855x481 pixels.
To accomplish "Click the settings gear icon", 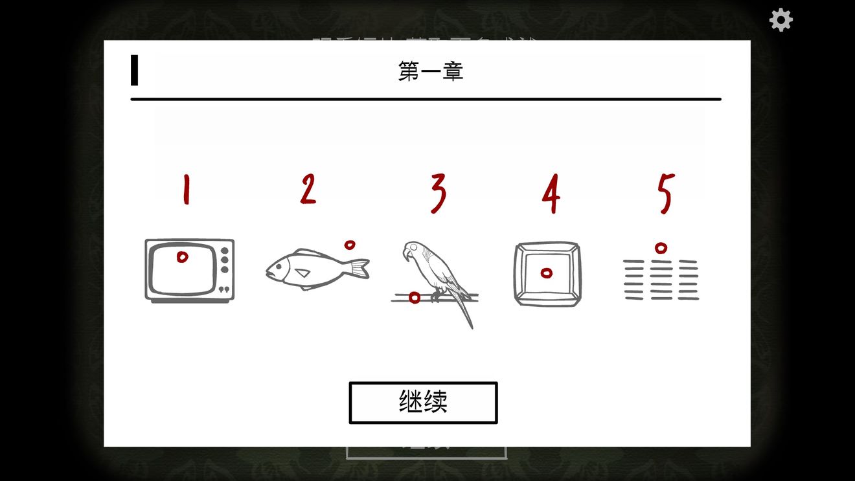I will [x=781, y=20].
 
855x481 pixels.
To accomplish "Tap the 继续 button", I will [x=423, y=403].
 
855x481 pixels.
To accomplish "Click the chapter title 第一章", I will [x=431, y=71].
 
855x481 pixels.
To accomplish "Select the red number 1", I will [x=187, y=190].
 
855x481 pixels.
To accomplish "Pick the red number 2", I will [x=308, y=190].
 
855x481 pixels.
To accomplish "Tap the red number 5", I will [x=666, y=193].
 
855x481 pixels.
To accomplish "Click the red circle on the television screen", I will [x=183, y=257].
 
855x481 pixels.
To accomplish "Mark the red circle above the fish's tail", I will [x=350, y=245].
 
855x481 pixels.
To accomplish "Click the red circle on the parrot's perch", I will [x=415, y=297].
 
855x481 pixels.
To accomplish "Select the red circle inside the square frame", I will [x=547, y=273].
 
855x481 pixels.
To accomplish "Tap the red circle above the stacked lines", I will [x=661, y=247].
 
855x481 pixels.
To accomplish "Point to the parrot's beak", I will [x=405, y=254].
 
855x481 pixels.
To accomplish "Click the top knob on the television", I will [x=225, y=251].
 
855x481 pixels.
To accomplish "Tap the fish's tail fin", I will [x=360, y=268].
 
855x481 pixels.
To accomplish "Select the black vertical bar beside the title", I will [x=134, y=70].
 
